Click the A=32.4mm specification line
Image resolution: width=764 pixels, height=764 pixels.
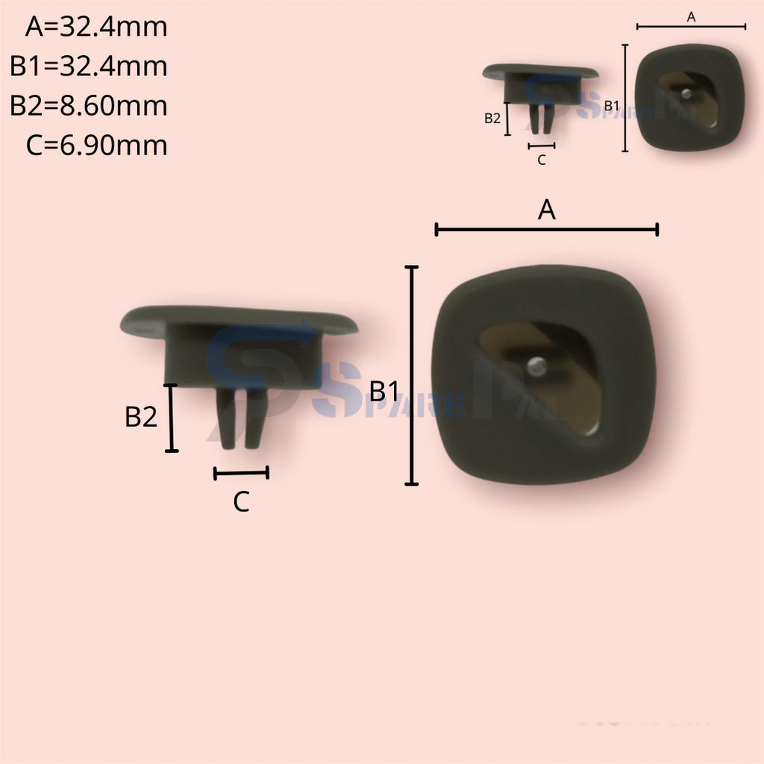click(96, 28)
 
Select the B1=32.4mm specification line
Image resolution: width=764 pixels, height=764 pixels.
click(89, 66)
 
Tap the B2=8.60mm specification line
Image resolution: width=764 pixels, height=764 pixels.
click(89, 106)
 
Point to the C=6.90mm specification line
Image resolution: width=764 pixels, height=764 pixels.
click(96, 145)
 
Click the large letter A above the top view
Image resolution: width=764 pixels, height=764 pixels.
click(547, 211)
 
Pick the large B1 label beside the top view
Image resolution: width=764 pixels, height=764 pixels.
click(384, 391)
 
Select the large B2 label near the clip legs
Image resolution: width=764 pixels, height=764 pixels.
click(141, 417)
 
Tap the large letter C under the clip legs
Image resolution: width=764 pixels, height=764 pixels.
click(241, 503)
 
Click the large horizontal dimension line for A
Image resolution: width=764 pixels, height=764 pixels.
click(546, 229)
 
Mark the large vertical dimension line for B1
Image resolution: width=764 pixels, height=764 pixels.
click(411, 375)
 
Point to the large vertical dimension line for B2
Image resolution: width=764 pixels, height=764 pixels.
click(172, 418)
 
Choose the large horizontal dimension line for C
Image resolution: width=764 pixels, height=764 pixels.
click(241, 472)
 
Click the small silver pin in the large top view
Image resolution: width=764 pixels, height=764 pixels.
click(536, 366)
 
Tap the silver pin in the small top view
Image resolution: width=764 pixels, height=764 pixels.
click(686, 93)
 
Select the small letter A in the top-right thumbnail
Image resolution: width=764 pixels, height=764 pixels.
click(691, 17)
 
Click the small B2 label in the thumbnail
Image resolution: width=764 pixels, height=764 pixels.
click(492, 118)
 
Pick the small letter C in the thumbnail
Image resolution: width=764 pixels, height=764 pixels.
click(542, 160)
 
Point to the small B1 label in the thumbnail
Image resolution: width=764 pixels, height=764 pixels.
click(611, 106)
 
